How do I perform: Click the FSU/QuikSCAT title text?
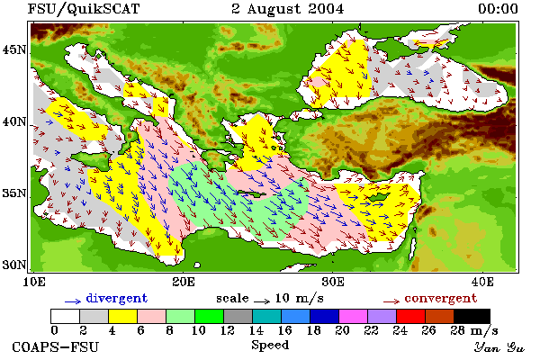[x=84, y=9]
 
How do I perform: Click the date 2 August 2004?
[x=288, y=9]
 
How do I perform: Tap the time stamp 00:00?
[x=498, y=9]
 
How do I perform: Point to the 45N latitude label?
[x=13, y=50]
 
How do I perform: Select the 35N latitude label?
[x=13, y=193]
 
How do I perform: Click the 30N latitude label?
[x=13, y=265]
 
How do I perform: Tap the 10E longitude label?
[x=34, y=282]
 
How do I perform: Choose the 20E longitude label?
[x=184, y=282]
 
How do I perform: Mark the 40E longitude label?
[x=482, y=282]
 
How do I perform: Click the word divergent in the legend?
[x=116, y=298]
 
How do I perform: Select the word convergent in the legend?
[x=441, y=298]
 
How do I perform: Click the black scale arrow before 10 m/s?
[x=262, y=301]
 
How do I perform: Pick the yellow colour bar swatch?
[x=123, y=316]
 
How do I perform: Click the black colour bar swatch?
[x=472, y=316]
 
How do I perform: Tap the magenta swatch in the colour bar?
[x=354, y=316]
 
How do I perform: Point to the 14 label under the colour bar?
[x=256, y=330]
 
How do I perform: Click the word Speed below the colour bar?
[x=270, y=346]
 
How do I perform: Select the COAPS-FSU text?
[x=56, y=346]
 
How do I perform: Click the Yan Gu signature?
[x=499, y=347]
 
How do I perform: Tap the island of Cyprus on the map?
[x=379, y=197]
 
